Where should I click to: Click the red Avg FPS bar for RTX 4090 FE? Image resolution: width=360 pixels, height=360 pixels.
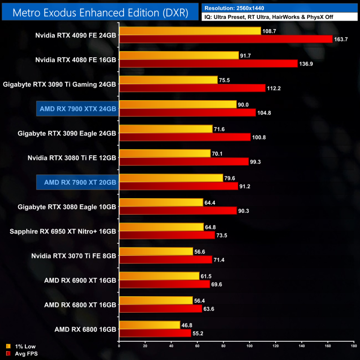(225, 39)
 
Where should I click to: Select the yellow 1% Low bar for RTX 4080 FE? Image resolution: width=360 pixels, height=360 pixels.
(179, 55)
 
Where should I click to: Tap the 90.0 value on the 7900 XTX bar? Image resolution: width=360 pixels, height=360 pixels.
(243, 105)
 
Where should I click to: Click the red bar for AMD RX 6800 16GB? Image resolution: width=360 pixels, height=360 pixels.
(155, 333)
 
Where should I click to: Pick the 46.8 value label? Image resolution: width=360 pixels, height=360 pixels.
(187, 324)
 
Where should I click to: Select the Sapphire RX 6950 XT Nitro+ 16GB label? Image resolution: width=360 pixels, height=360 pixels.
(63, 231)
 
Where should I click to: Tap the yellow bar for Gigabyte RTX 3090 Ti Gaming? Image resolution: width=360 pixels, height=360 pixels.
(168, 80)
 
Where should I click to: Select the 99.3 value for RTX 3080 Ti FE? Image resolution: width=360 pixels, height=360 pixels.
(256, 162)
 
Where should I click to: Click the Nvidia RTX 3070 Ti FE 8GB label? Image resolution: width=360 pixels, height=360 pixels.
(74, 255)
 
